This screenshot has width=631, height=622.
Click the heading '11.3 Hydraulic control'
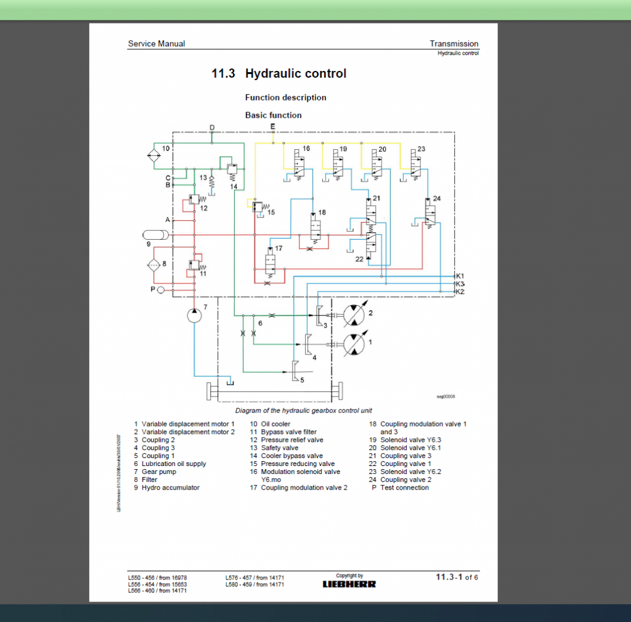tap(279, 73)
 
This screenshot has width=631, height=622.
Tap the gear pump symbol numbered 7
tap(194, 314)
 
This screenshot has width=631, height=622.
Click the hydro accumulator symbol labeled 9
tap(155, 235)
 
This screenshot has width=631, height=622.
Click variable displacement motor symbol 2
tap(354, 315)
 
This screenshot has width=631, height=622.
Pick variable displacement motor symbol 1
tap(354, 343)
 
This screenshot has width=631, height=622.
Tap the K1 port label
tap(460, 276)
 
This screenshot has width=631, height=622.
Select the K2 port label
tap(460, 291)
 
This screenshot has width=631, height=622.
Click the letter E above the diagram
tap(273, 126)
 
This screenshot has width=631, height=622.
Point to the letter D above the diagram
tap(212, 128)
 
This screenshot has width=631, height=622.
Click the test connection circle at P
tap(161, 289)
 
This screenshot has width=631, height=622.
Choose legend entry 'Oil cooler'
tap(275, 424)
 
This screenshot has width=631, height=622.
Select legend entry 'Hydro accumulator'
tap(171, 488)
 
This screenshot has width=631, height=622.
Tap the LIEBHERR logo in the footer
tap(349, 583)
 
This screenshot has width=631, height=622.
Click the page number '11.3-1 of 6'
tap(457, 577)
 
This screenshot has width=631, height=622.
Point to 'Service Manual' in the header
tap(157, 44)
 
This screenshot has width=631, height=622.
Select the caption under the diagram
tap(303, 411)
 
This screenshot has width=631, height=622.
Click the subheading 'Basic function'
tap(273, 115)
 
